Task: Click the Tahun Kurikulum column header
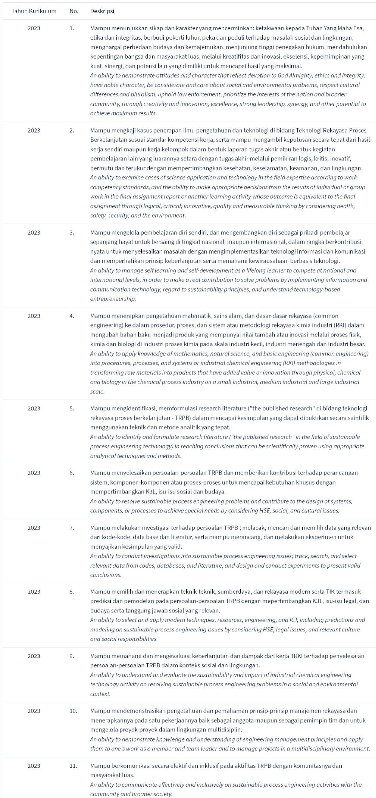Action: click(x=34, y=11)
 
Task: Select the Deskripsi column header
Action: click(x=102, y=11)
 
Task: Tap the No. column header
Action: click(x=74, y=11)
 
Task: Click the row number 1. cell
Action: click(x=72, y=28)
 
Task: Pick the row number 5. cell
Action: click(x=72, y=408)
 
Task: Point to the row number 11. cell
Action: click(x=73, y=766)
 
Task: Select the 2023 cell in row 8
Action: click(x=34, y=592)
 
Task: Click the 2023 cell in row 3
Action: click(x=34, y=232)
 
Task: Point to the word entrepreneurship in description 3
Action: click(x=113, y=299)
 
